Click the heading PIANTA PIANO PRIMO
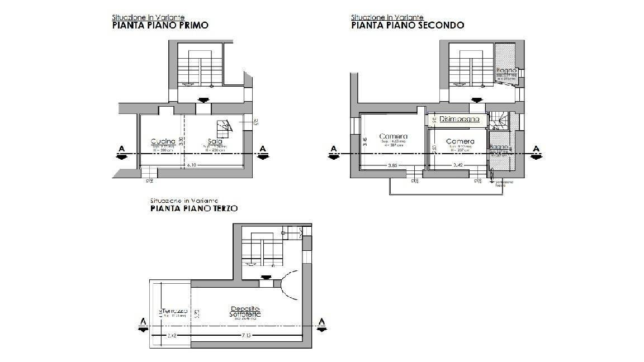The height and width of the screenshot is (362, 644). pos(160,25)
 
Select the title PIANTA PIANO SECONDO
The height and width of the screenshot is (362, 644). pos(408,25)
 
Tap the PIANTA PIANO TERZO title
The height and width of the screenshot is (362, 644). pos(193,208)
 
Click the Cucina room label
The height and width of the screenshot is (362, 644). pos(163,141)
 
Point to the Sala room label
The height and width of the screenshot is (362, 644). pos(207,141)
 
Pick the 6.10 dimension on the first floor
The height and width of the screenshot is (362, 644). pos(192,165)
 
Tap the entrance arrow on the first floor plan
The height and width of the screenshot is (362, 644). pos(203,100)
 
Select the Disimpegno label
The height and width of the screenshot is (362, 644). pos(459,119)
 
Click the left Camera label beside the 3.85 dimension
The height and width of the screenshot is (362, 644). pos(393,136)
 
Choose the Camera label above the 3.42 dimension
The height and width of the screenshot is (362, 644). pos(460,141)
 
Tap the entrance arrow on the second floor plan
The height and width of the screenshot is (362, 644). pos(476,100)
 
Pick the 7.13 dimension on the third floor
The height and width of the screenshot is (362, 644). pos(246,335)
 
